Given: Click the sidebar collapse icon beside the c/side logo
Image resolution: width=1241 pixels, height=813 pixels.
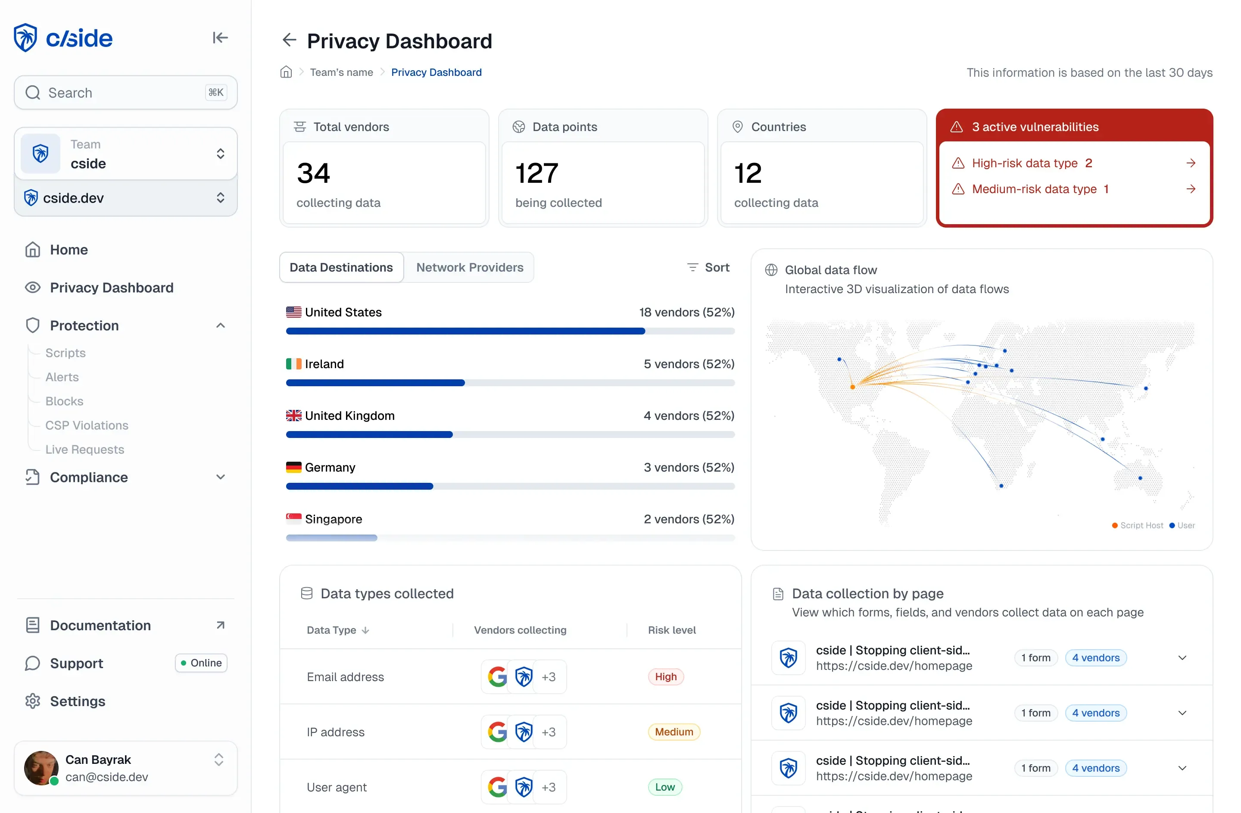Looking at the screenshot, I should tap(220, 38).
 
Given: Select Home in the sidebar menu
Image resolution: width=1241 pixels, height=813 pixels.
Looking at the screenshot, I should tap(69, 250).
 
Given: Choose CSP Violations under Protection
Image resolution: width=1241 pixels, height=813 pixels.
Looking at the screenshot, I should tap(87, 425).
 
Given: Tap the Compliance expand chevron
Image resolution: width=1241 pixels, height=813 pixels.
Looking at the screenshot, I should tap(221, 477).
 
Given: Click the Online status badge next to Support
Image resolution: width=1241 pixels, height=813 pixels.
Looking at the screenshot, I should tap(201, 663).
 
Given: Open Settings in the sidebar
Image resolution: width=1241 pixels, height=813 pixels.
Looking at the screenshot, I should tap(77, 701).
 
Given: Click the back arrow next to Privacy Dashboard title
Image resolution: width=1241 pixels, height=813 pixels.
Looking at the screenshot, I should tap(289, 40).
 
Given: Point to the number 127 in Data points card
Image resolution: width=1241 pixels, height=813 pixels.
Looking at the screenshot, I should tap(536, 173).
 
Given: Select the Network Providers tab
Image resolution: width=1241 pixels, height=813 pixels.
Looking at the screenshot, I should tap(469, 268).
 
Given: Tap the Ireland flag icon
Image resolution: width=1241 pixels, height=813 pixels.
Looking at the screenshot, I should tap(293, 364).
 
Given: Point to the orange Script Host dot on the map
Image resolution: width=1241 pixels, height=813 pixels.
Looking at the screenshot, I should tap(852, 387).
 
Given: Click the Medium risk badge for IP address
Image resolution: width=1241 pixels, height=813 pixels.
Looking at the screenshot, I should tap(674, 732).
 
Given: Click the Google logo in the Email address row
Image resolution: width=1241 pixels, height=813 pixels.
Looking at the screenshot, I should tap(497, 677).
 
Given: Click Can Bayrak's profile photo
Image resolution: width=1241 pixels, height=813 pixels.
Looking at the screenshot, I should tap(41, 768).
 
